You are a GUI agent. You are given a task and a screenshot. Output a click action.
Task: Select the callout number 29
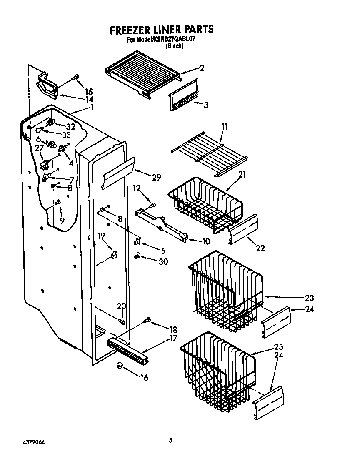[156, 178]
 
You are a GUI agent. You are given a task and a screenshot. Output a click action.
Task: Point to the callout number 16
[144, 378]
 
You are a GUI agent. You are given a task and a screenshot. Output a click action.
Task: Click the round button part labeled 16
[120, 366]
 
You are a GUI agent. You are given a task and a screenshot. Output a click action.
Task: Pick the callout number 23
[309, 298]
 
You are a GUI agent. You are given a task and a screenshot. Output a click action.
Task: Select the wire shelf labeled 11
[208, 152]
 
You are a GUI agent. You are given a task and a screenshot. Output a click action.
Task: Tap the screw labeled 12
[152, 205]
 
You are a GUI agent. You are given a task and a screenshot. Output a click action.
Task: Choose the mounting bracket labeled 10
[162, 225]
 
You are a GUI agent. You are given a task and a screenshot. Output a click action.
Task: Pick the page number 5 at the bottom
[170, 440]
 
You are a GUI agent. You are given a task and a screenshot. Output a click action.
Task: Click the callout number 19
[101, 236]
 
